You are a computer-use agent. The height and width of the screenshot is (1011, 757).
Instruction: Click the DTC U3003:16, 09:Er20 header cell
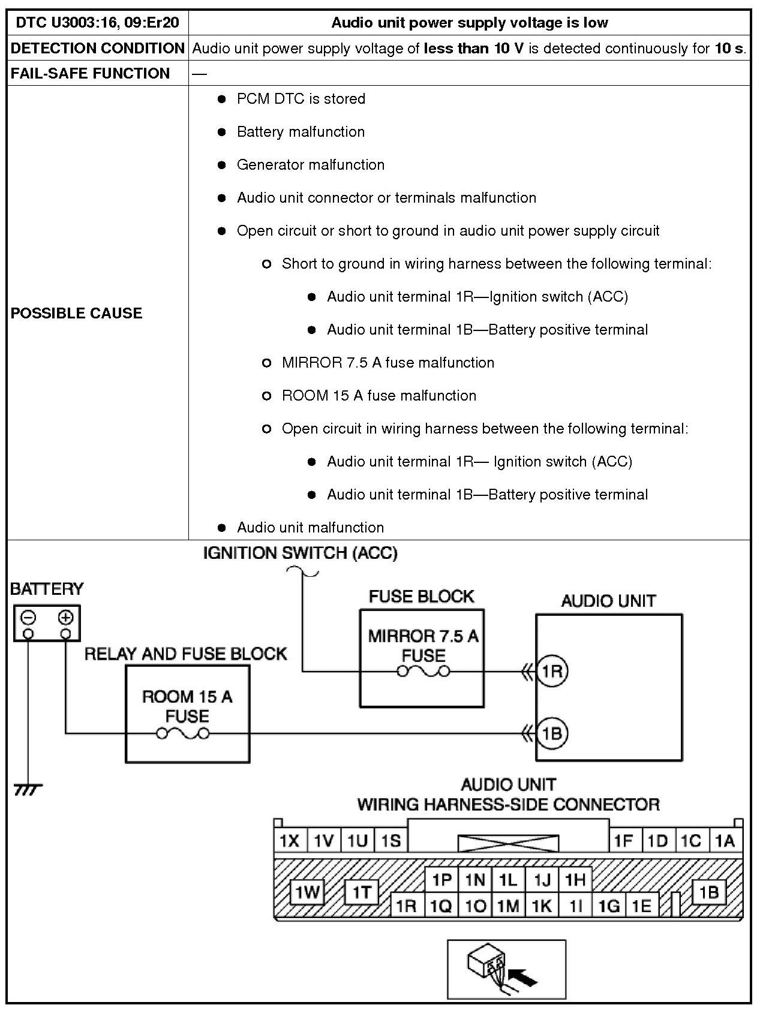pos(97,23)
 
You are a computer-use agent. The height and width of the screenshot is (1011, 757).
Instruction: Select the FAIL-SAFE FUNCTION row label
pos(90,73)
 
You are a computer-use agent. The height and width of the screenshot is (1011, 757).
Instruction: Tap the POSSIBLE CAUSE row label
pos(76,313)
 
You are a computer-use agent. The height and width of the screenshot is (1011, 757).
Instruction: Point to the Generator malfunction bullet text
pos(310,165)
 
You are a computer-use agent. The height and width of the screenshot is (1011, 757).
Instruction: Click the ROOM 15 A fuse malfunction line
pos(379,396)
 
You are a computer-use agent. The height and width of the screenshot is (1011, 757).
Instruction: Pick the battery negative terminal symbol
pos(29,617)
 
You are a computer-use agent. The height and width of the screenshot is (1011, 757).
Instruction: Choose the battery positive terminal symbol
pos(65,617)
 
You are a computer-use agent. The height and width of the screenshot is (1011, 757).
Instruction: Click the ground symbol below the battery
pos(28,790)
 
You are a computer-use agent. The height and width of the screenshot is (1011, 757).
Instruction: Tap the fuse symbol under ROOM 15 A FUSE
pos(183,733)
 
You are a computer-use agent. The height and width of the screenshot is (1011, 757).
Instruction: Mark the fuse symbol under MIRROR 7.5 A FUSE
pos(423,672)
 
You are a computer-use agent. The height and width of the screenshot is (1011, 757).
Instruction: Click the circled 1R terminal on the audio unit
pos(551,671)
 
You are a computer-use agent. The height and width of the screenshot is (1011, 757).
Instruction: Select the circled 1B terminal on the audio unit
pos(551,733)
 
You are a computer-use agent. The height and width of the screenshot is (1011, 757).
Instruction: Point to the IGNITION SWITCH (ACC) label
pos(300,553)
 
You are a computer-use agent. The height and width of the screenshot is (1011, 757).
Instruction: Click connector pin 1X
pos(290,841)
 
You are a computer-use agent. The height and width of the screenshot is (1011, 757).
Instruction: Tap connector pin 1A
pos(725,841)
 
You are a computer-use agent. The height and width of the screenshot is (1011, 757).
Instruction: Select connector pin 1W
pos(307,892)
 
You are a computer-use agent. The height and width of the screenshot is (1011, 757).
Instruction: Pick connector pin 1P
pos(441,880)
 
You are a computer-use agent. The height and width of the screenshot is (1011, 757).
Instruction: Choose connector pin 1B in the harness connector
pos(709,892)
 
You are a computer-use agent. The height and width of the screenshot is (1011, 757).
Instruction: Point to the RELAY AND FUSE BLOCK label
pos(185,654)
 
